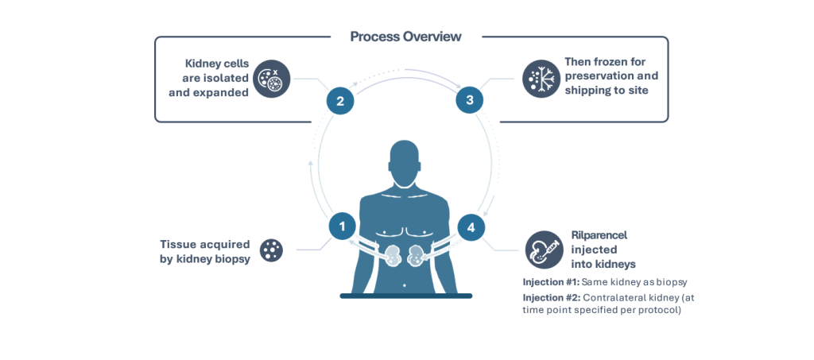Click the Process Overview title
tap(405, 37)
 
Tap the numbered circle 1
tap(342, 226)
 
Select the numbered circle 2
tap(340, 101)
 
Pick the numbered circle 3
tap(470, 100)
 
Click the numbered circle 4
tap(471, 227)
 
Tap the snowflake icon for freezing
tap(541, 79)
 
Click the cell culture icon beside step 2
tap(271, 79)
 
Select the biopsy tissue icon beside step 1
tap(271, 250)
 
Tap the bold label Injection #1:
tap(551, 282)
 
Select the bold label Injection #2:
tap(551, 297)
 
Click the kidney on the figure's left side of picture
tap(390, 257)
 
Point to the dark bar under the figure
tap(405, 296)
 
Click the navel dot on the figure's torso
tap(405, 284)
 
